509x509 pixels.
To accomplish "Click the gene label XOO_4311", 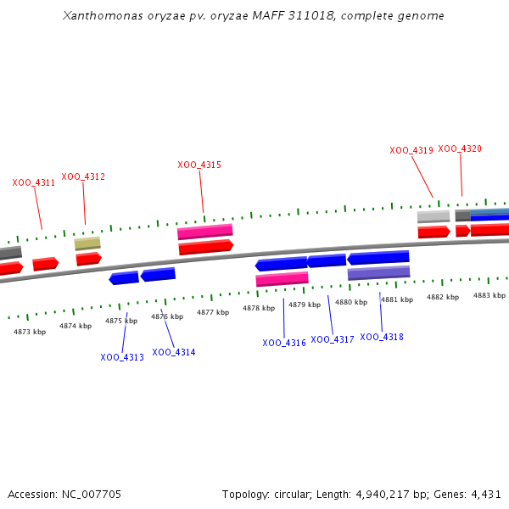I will click(34, 182).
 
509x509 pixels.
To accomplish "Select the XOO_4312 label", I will click(83, 176).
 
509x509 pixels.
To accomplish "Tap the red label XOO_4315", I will click(199, 165).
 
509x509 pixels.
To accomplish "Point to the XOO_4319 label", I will click(411, 150).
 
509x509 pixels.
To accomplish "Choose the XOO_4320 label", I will click(460, 148).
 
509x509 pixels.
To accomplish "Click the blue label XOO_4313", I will click(122, 357).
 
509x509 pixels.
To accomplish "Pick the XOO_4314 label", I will click(174, 352).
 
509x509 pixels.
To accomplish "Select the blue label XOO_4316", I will click(284, 343).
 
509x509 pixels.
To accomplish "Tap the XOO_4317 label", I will click(333, 339).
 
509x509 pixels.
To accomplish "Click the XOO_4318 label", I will click(382, 337).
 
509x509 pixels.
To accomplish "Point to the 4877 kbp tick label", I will click(213, 312).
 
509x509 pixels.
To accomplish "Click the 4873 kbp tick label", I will click(30, 332).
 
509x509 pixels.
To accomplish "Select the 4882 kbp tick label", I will click(443, 297).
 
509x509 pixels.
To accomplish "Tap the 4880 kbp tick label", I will click(351, 302).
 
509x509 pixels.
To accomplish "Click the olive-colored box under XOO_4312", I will click(87, 243).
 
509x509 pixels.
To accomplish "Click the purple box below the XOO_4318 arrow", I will click(378, 273).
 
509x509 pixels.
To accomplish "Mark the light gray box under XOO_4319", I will click(433, 216).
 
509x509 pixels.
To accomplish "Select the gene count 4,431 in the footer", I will click(486, 494).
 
